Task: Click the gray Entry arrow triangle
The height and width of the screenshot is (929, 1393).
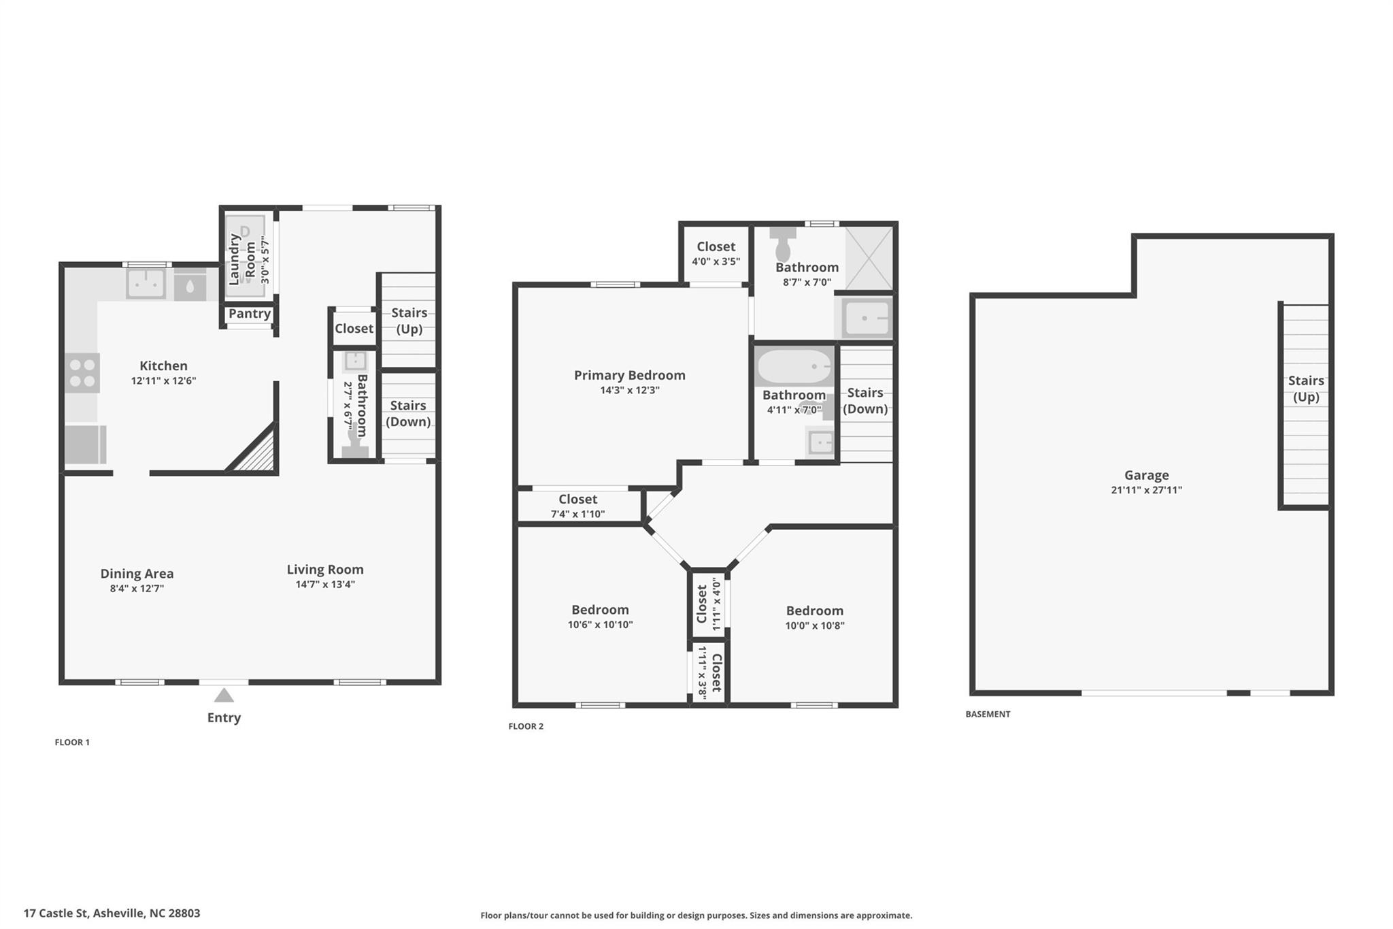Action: [x=224, y=696]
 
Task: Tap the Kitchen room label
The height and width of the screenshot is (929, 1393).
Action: [x=163, y=366]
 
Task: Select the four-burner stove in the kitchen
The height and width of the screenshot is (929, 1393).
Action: [x=82, y=373]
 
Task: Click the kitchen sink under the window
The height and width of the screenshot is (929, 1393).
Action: [x=146, y=283]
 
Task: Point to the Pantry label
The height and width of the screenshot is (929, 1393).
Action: [x=250, y=314]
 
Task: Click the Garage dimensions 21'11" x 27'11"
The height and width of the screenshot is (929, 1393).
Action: [x=1146, y=490]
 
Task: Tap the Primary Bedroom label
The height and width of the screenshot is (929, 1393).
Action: [x=629, y=375]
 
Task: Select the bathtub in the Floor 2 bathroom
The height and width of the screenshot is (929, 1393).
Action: [x=794, y=367]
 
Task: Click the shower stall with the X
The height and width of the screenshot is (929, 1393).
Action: [x=869, y=257]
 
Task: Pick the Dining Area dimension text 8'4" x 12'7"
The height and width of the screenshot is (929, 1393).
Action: [x=137, y=589]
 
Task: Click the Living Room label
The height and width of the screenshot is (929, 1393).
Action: [x=325, y=570]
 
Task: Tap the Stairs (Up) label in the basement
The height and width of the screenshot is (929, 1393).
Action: [x=1306, y=389]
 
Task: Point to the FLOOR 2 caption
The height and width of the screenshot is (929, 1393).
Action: [x=526, y=726]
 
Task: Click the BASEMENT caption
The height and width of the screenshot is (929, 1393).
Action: [x=988, y=714]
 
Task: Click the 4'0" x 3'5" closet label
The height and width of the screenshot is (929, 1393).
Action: [x=716, y=261]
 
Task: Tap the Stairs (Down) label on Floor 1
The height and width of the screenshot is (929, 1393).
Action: [x=408, y=413]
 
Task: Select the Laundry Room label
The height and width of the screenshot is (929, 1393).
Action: [x=242, y=259]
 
